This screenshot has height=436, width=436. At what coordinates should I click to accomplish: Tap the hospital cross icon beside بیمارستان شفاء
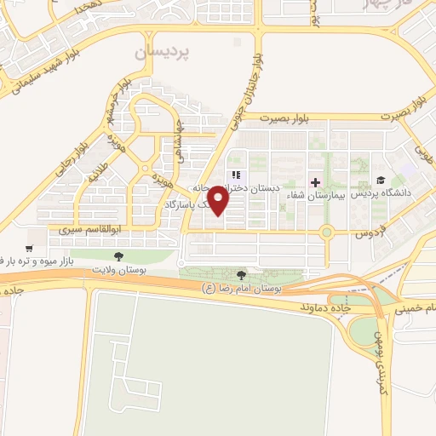click(314, 182)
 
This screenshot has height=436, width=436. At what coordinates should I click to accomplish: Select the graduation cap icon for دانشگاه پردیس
click(381, 180)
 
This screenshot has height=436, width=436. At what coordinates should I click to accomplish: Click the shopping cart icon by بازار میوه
click(30, 248)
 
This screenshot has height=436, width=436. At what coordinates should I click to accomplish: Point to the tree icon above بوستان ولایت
click(118, 255)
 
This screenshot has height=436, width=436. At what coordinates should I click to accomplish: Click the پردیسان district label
click(163, 53)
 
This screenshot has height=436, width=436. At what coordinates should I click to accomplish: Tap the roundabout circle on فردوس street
click(326, 231)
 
